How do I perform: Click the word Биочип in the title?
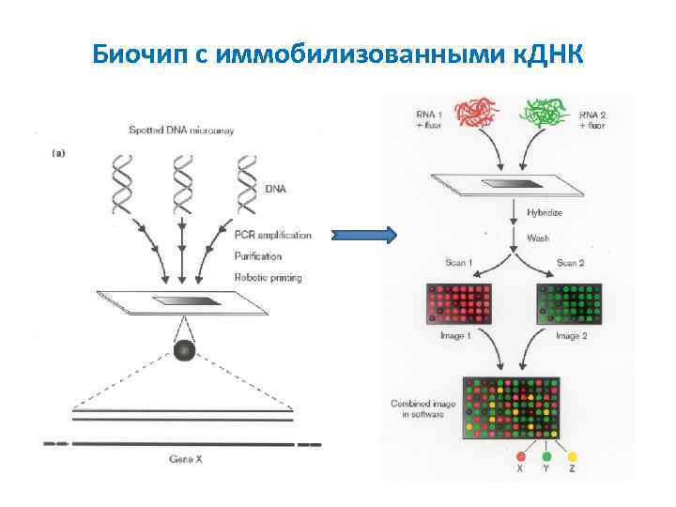pyautogui.click(x=142, y=55)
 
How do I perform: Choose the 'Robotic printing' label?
pyautogui.click(x=268, y=278)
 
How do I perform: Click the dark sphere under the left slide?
pyautogui.click(x=184, y=351)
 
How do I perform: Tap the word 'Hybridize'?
pyautogui.click(x=545, y=213)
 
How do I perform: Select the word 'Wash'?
pyautogui.click(x=539, y=238)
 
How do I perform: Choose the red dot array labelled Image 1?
pyautogui.click(x=459, y=301)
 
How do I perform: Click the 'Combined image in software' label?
pyautogui.click(x=422, y=409)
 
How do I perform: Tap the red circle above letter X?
pyautogui.click(x=519, y=455)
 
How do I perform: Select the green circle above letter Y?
pyautogui.click(x=545, y=455)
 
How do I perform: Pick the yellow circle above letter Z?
pyautogui.click(x=572, y=455)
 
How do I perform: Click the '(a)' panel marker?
pyautogui.click(x=55, y=153)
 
